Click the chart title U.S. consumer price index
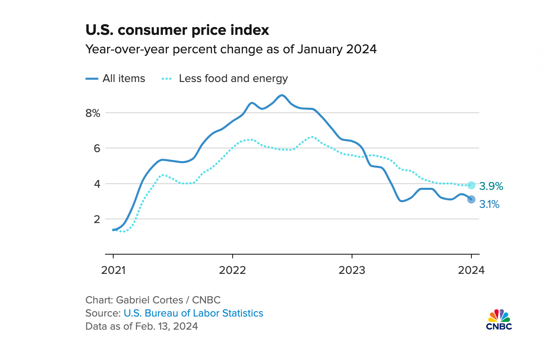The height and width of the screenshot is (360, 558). click(x=177, y=30)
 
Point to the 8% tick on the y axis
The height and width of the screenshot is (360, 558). click(x=93, y=113)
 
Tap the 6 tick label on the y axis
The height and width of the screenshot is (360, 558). click(x=97, y=148)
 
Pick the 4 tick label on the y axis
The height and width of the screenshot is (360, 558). click(x=97, y=184)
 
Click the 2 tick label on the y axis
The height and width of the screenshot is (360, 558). click(x=97, y=219)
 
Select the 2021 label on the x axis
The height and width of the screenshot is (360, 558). click(x=113, y=270)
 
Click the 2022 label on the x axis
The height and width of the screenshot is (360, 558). click(x=233, y=270)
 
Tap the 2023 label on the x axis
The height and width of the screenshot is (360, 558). click(x=352, y=270)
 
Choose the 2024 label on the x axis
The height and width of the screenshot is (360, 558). click(x=471, y=270)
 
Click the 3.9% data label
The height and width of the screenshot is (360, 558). click(x=491, y=187)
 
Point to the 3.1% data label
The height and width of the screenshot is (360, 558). click(x=489, y=204)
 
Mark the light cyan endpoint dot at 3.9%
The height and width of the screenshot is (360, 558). click(x=471, y=185)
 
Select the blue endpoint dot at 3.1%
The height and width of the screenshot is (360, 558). click(x=471, y=199)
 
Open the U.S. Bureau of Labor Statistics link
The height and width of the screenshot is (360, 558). click(x=193, y=313)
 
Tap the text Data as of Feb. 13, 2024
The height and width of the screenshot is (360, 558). click(x=142, y=326)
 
